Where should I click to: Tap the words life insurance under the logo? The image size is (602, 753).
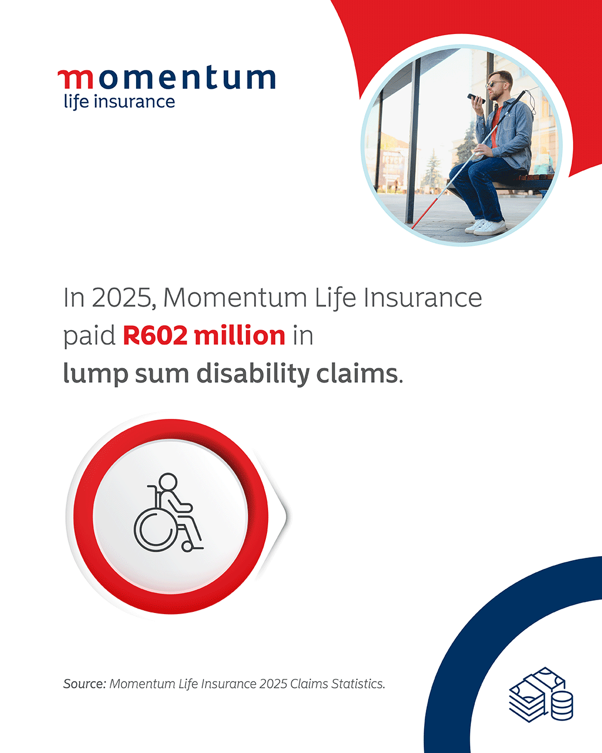click(x=119, y=102)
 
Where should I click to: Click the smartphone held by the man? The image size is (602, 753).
click(x=477, y=98)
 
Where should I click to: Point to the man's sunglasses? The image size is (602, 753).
click(x=497, y=84)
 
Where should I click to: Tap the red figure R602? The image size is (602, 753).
click(x=155, y=336)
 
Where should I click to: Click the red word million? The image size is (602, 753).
click(x=240, y=335)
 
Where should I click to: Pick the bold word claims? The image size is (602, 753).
click(x=357, y=373)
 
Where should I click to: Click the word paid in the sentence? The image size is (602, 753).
click(x=89, y=336)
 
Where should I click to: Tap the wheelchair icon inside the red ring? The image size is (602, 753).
click(x=168, y=513)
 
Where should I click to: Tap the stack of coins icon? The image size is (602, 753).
click(x=562, y=706)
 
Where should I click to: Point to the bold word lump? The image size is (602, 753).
click(x=95, y=374)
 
